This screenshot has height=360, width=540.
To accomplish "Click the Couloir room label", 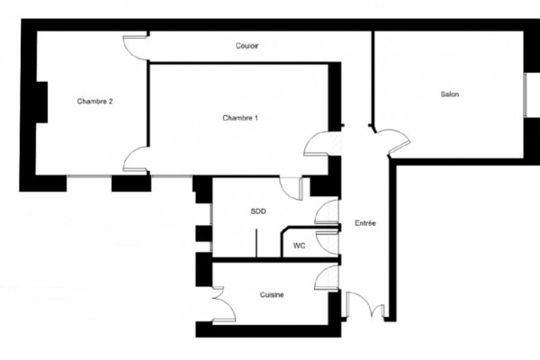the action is pyautogui.click(x=247, y=46).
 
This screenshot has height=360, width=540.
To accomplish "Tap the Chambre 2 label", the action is pyautogui.click(x=94, y=102).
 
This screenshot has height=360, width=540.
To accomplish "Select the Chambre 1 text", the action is pyautogui.click(x=240, y=118).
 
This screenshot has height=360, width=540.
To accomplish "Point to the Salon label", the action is pyautogui.click(x=450, y=94).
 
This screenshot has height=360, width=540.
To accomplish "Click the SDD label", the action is pyautogui.click(x=258, y=211).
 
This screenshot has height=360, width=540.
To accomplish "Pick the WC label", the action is pyautogui.click(x=299, y=246).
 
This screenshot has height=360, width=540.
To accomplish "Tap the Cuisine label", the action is pyautogui.click(x=272, y=295).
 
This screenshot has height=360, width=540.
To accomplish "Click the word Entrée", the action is pyautogui.click(x=365, y=223).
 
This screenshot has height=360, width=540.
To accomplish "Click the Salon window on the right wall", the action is pyautogui.click(x=526, y=95).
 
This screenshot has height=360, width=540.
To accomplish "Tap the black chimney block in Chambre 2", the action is pyautogui.click(x=41, y=102).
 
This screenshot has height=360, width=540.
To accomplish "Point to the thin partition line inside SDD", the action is pyautogui.click(x=256, y=243).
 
